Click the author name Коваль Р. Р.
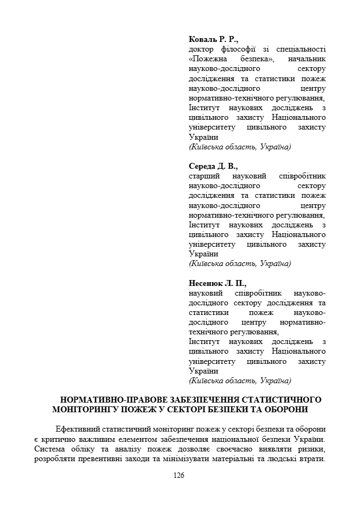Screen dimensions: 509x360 coord(213,39)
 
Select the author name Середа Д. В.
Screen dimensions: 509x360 coord(213,166)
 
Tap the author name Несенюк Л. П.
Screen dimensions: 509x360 coord(217,283)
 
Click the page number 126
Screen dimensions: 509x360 coord(179,475)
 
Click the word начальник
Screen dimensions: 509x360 coord(307,59)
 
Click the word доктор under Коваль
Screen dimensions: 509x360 coord(201,49)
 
